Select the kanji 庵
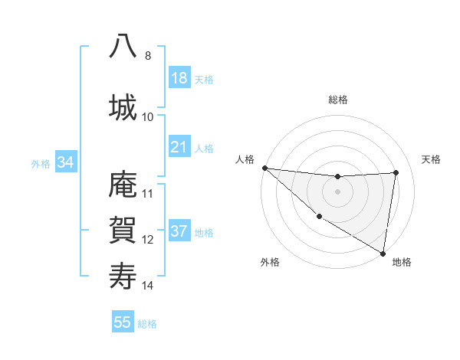(123, 185)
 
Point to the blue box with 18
(179, 78)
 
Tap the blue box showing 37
(179, 231)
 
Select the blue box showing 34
(66, 162)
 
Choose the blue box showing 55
(123, 322)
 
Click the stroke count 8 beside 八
(147, 56)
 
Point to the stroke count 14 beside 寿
(148, 286)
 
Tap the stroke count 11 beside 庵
(148, 194)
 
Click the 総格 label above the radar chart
(337, 100)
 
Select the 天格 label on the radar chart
(431, 159)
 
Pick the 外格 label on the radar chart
(270, 262)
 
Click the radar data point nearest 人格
(264, 168)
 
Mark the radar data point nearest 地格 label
(383, 253)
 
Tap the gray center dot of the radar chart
(337, 191)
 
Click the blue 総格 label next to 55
(147, 323)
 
